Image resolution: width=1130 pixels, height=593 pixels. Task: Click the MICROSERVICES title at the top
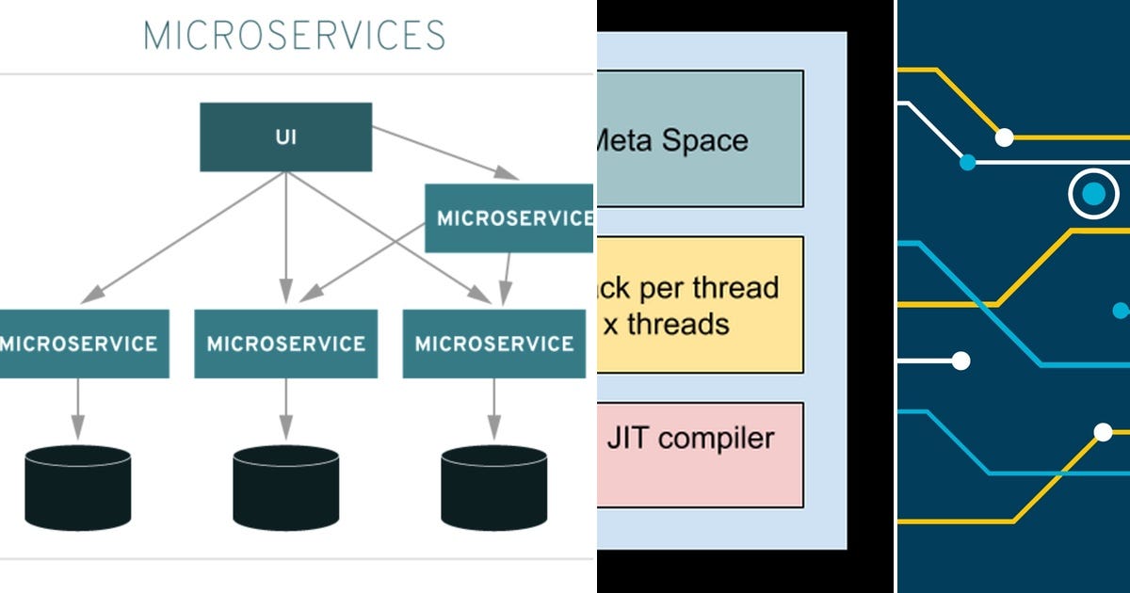294,36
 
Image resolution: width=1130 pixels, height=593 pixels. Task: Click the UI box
285,137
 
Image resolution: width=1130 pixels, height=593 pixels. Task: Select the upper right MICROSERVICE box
509,218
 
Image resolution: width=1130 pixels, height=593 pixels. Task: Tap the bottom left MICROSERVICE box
83,344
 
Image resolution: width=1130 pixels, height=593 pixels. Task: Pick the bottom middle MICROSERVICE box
285,344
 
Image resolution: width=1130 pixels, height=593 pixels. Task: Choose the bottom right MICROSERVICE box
493,344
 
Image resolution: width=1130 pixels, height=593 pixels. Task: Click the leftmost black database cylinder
77,488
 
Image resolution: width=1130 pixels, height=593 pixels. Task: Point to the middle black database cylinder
285,488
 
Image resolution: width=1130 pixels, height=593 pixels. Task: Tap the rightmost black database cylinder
493,488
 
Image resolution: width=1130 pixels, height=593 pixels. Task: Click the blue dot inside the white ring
1092,195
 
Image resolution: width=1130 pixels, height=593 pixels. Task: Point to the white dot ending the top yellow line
1004,137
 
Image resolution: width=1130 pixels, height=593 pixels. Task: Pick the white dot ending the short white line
960,361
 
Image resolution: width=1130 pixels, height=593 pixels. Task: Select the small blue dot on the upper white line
967,163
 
